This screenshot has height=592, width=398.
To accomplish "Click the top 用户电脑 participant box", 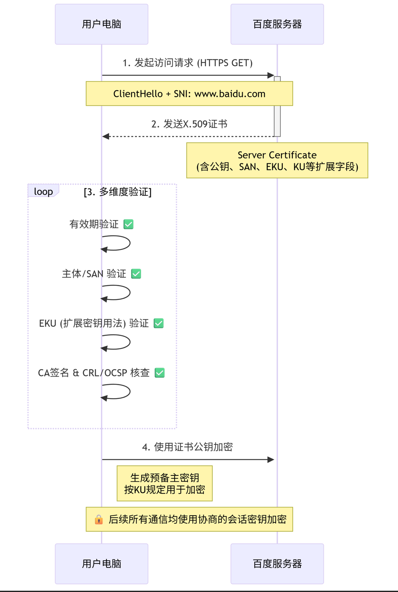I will (x=101, y=24).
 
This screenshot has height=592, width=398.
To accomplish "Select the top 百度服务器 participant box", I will (x=277, y=24).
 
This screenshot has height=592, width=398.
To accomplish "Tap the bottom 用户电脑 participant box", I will (x=101, y=564).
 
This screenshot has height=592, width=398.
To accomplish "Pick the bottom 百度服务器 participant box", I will (x=277, y=564).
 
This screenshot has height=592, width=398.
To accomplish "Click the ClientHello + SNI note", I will (x=189, y=94).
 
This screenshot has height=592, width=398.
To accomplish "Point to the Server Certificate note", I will (x=277, y=160).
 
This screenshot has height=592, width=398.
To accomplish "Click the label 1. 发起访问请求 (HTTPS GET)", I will (x=188, y=63).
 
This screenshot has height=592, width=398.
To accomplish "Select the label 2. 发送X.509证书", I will (x=189, y=124).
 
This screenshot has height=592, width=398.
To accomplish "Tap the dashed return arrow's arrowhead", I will (x=106, y=136).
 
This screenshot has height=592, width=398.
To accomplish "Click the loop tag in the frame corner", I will (x=43, y=191).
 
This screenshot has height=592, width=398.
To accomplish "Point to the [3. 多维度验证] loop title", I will (x=118, y=192).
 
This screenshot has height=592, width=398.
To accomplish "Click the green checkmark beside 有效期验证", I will (x=129, y=224).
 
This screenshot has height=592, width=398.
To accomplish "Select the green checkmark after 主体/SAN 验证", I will (x=136, y=274).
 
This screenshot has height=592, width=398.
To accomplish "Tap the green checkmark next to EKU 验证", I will (x=159, y=323).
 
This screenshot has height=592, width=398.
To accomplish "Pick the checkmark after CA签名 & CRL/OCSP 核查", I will (x=160, y=373).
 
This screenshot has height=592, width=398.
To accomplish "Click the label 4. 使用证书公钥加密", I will (x=188, y=447).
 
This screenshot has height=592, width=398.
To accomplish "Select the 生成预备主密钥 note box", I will (x=165, y=483).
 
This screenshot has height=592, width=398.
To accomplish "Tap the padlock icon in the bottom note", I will (x=99, y=519).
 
